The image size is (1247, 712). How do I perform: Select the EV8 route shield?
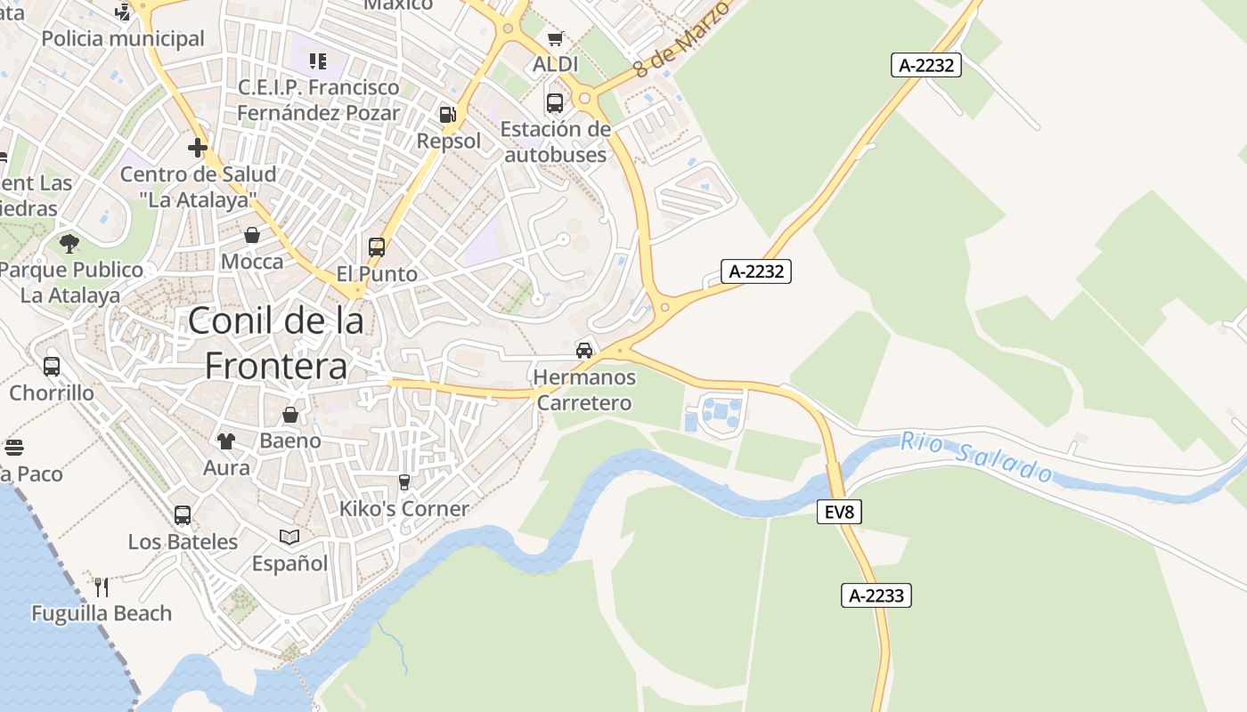coord(839,512)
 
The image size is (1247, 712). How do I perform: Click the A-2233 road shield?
coord(876,595)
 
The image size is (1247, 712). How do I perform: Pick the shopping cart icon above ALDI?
coord(556,38)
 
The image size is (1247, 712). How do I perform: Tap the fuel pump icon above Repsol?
coord(447,115)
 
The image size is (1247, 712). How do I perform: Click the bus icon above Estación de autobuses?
coord(555,103)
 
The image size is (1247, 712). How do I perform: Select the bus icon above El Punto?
coord(377,247)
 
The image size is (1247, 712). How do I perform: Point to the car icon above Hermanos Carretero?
coord(584,350)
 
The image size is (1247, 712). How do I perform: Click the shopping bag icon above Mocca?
coord(252,235)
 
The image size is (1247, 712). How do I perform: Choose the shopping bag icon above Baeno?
coord(290,415)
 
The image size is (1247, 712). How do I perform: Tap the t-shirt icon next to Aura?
coord(226,441)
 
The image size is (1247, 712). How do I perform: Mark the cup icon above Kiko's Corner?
coord(404,482)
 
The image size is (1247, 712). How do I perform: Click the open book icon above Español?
coord(289,537)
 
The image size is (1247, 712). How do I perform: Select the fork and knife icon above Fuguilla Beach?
coord(102,587)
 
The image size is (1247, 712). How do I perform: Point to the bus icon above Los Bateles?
coord(183,515)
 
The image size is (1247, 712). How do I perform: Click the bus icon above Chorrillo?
coord(52,366)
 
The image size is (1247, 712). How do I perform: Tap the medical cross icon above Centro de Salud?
coord(198,148)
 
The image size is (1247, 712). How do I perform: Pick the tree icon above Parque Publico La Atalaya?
coord(69,243)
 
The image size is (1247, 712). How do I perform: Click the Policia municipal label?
coord(123,38)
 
